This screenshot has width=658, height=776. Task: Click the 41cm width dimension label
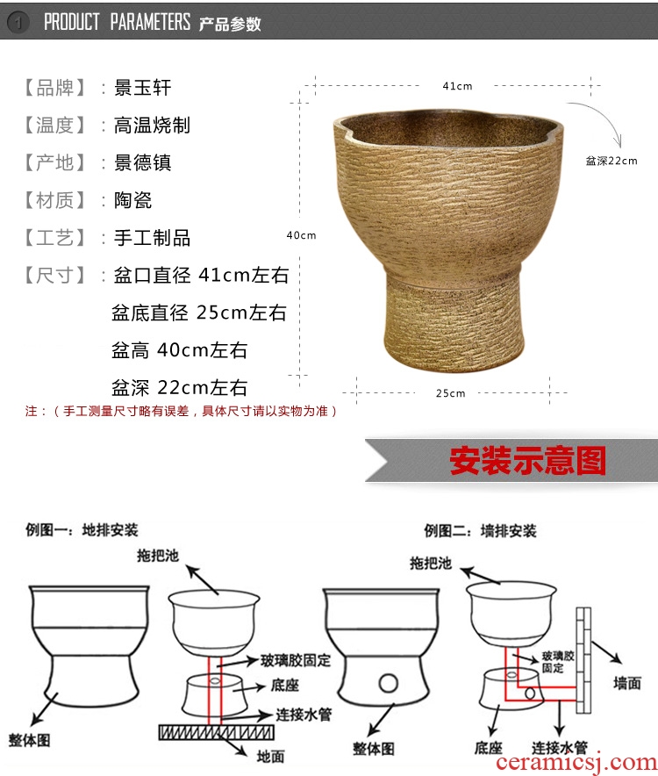457,86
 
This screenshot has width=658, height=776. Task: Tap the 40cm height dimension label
301,235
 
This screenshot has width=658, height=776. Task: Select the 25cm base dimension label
450,393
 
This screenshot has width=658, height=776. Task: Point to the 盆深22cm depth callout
612,161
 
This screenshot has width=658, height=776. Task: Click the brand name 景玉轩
142,88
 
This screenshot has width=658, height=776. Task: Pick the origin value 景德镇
142,162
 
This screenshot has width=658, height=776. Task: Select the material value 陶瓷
132,200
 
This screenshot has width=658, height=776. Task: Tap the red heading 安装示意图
527,460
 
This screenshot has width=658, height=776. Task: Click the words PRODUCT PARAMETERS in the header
118,22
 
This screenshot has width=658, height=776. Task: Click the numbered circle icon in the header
18,22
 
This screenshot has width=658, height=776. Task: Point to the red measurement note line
182,411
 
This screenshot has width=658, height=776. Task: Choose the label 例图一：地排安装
82,530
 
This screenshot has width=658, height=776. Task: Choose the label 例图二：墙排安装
480,531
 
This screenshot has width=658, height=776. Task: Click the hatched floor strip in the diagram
216,732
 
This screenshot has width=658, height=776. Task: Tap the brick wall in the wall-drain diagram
583,660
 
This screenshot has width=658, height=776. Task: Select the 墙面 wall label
626,684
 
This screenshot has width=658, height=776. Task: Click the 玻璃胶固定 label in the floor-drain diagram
296,660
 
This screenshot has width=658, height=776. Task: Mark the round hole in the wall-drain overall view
388,684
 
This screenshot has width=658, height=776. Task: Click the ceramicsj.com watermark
576,763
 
